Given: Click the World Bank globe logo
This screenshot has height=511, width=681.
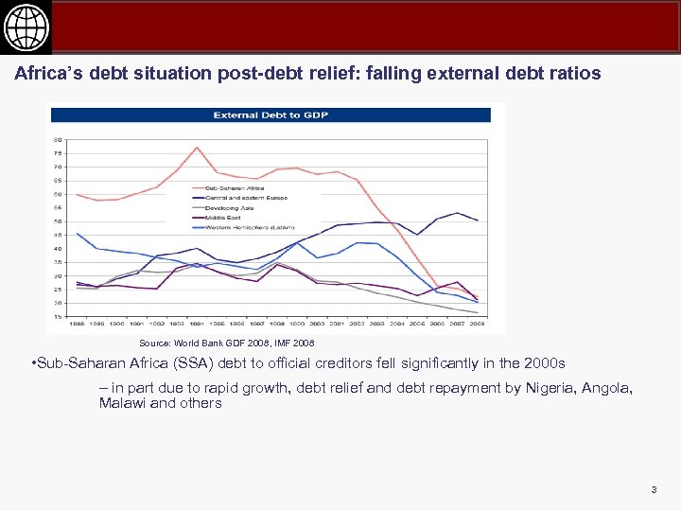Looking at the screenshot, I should (26, 26).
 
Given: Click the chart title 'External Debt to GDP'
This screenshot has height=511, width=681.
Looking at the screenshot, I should (271, 115).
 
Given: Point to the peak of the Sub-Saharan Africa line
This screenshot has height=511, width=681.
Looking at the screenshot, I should (197, 148).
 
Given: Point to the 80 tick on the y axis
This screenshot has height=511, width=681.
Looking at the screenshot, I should (59, 140).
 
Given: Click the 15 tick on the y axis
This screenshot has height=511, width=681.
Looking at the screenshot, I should (59, 317).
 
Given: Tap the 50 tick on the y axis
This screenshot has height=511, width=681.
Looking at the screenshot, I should (59, 221).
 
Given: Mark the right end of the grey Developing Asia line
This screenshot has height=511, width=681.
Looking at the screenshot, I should (477, 313).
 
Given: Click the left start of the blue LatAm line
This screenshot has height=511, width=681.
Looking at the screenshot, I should (78, 233).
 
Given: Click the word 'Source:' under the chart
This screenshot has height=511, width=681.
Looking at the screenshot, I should (155, 343).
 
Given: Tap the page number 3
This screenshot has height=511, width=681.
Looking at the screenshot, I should (654, 489).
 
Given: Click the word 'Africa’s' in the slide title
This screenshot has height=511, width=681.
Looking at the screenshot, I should (47, 73).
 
